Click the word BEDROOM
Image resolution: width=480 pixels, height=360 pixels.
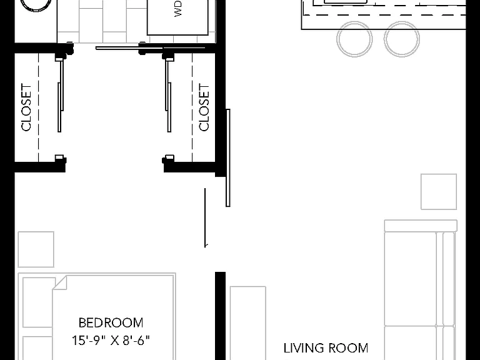(111, 322)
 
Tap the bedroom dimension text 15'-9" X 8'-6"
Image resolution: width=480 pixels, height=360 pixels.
(111, 340)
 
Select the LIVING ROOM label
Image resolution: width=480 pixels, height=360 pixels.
(326, 348)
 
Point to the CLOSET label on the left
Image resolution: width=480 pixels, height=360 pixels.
(26, 107)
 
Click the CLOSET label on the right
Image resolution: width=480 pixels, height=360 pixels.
(204, 107)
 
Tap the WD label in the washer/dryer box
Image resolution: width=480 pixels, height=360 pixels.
(178, 8)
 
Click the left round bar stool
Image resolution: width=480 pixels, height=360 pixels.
(354, 39)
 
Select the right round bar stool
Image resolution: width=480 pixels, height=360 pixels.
(402, 39)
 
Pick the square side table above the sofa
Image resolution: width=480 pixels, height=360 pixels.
(439, 192)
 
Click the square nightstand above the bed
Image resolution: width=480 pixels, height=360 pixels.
(36, 249)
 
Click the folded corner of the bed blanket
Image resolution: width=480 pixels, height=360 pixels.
(60, 282)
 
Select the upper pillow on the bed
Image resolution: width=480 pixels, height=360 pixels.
(38, 302)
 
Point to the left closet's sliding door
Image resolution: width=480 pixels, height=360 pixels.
(61, 96)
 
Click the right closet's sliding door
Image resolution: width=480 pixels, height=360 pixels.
(168, 96)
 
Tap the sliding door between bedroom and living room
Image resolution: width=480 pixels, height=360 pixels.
(227, 157)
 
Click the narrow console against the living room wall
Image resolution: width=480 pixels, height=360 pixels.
(248, 323)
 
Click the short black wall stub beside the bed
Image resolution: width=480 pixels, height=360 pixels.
(221, 316)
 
